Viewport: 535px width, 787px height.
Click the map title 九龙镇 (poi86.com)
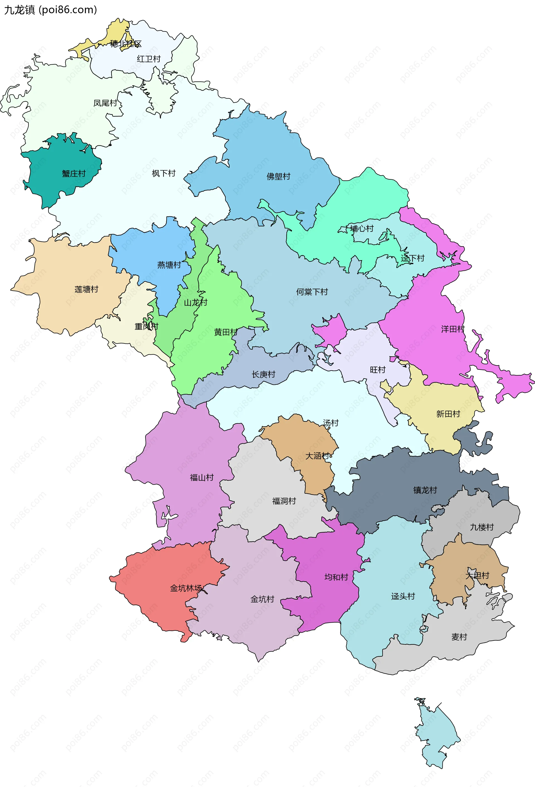[x=50, y=10]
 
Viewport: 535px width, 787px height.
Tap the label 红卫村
[x=149, y=59]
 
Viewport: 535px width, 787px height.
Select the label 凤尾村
[x=105, y=103]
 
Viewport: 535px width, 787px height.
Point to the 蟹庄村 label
[x=74, y=174]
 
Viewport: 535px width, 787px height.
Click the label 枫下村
[x=164, y=173]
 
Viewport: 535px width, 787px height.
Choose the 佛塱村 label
[x=279, y=176]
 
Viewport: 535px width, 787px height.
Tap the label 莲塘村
[x=86, y=289]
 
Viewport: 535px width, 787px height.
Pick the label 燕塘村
[x=169, y=265]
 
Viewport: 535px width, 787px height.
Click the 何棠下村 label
[x=312, y=292]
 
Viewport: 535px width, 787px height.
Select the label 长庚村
[x=263, y=374]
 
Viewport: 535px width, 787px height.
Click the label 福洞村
[x=284, y=501]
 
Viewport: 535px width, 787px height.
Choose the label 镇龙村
[x=425, y=490]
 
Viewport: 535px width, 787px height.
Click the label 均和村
[x=336, y=577]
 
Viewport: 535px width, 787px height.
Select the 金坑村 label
[x=262, y=599]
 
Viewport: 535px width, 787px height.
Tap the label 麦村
[x=459, y=637]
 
